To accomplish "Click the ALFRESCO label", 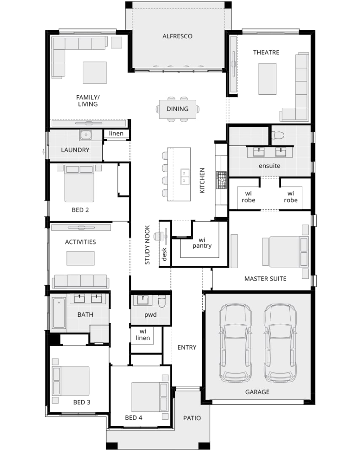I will [x=177, y=36].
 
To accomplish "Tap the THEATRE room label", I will [x=266, y=53].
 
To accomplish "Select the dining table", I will [x=177, y=109].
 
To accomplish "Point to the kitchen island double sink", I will [x=185, y=177].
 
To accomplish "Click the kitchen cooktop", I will [x=222, y=180].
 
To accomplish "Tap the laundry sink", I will [x=86, y=135].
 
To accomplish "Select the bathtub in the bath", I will [x=59, y=313].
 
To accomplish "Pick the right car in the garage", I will [x=280, y=343].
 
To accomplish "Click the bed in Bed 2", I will [x=79, y=184].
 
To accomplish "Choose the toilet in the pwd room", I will [x=163, y=302].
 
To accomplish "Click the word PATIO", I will [x=192, y=418].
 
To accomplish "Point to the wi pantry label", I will [x=202, y=243].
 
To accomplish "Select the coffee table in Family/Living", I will [x=95, y=72].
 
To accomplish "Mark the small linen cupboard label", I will [x=116, y=133].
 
